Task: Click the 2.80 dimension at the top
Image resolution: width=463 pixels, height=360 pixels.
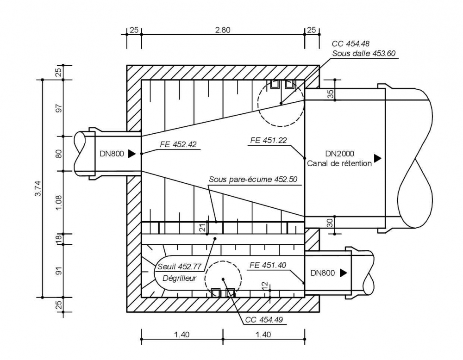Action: point(223,30)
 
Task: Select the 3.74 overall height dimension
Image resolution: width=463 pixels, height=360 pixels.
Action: point(38,188)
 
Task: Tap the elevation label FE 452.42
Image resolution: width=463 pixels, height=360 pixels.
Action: point(178,144)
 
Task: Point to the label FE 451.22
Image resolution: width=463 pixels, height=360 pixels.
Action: point(269,140)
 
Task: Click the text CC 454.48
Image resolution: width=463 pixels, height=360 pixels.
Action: point(350,43)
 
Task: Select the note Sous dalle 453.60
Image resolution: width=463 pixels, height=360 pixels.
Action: point(364,53)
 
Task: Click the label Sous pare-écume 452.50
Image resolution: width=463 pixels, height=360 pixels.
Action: point(253,179)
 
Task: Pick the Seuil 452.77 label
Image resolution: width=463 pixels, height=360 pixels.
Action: point(179,267)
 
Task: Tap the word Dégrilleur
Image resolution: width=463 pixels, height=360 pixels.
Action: point(180,278)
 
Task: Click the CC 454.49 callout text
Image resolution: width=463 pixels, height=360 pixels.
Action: point(264,320)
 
